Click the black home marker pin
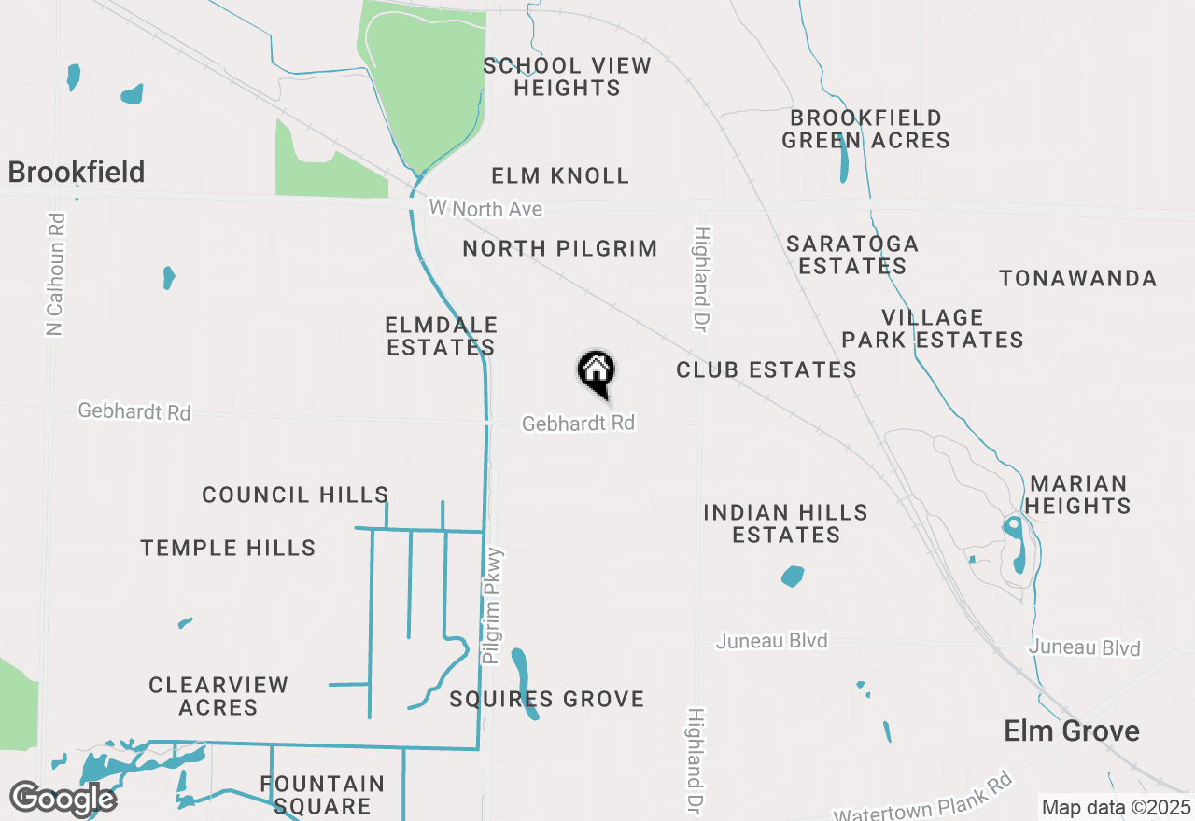597,371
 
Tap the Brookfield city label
77,172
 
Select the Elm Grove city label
1072,731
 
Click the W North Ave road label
486,209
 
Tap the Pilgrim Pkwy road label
494,605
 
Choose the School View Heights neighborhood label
567,77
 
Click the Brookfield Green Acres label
865,130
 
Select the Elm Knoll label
560,175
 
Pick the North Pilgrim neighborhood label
560,248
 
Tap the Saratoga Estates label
852,255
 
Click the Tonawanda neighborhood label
1077,278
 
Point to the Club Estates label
766,369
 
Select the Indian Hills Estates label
786,523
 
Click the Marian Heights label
1079,494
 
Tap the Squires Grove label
547,699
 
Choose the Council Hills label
295,494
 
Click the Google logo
63,799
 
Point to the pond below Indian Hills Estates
793,577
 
